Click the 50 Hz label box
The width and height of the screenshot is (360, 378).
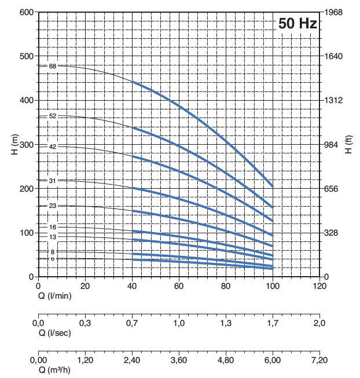297,24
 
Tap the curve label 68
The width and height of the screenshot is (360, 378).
53,67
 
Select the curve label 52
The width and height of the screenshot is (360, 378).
53,116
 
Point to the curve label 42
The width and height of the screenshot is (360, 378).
53,146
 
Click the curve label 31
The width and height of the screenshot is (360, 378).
53,181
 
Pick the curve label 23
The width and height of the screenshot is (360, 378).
53,205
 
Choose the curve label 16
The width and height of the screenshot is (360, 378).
53,227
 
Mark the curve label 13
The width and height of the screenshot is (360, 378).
53,237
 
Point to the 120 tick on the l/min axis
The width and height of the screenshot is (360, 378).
319,286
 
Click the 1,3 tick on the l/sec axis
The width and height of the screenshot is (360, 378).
226,323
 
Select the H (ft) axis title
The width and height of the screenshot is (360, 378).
348,144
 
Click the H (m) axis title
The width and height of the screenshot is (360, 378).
13,144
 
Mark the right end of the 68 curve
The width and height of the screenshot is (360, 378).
272,186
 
